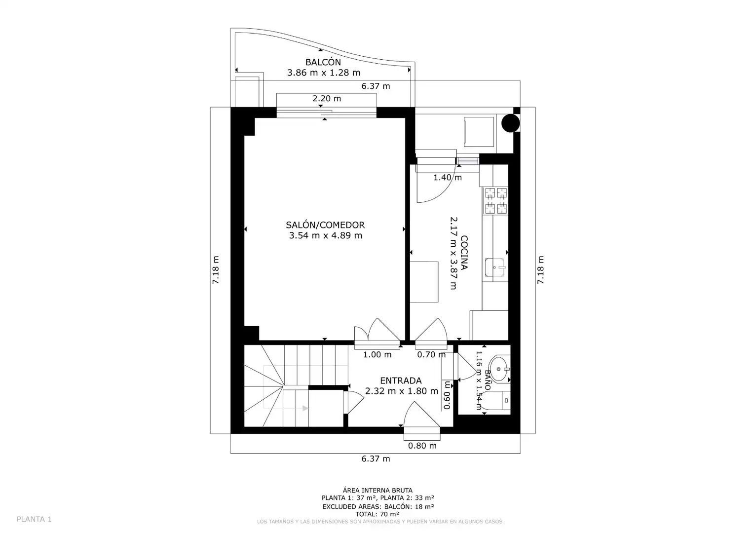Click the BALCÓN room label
coord(323,62)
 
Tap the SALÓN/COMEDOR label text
coord(325,225)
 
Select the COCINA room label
coord(464,253)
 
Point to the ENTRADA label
coord(401,381)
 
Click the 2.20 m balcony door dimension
coord(327,98)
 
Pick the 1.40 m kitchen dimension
coord(448,177)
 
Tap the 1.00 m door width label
coord(377,354)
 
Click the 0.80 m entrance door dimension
coord(422,446)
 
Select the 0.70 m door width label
coord(431,354)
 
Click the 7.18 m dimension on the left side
coord(216,269)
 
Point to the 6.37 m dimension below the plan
coord(376,458)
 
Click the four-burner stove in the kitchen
coord(495,201)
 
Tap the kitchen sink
coord(495,267)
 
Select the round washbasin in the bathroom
coord(499,369)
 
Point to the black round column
coord(511,123)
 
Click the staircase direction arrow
coord(305,409)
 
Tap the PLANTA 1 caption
coord(34,519)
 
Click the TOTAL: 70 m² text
coord(377,514)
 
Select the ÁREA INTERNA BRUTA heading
coord(377,490)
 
